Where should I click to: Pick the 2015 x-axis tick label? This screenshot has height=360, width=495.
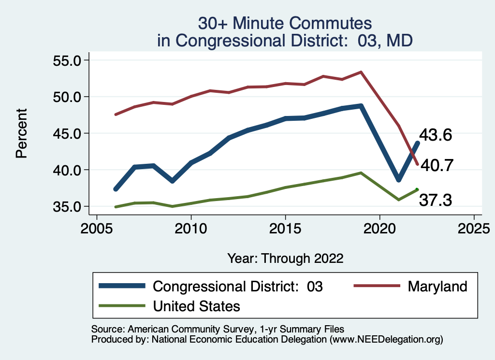point(285,228)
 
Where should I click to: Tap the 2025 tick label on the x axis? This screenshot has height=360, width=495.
point(474,228)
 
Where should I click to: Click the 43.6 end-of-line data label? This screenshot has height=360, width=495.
point(436,135)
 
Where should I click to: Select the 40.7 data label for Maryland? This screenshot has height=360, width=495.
point(436,165)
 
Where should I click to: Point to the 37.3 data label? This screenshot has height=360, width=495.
point(436,200)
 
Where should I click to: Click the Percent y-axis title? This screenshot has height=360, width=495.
point(21,133)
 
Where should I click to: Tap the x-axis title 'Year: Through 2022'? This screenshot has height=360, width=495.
point(285,258)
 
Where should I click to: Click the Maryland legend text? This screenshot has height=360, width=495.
point(437,286)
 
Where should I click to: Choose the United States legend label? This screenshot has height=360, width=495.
point(196,306)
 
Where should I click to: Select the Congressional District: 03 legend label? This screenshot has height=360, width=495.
point(237,286)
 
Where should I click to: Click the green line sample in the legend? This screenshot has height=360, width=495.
point(122,306)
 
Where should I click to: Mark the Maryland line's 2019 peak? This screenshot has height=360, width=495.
point(361,72)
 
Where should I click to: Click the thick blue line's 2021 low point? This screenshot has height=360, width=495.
point(398,179)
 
